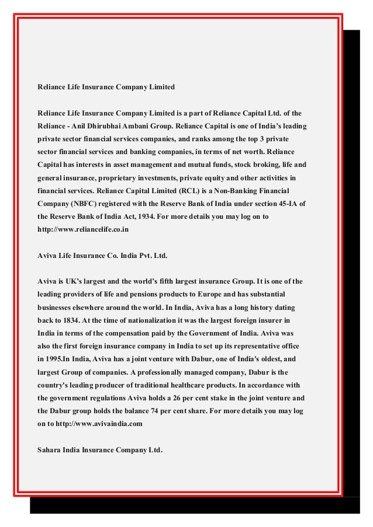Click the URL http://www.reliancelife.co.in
point(82,230)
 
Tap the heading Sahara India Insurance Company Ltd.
point(100,450)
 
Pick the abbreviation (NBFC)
point(86,204)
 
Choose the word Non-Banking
point(241,191)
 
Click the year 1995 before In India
point(55,360)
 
